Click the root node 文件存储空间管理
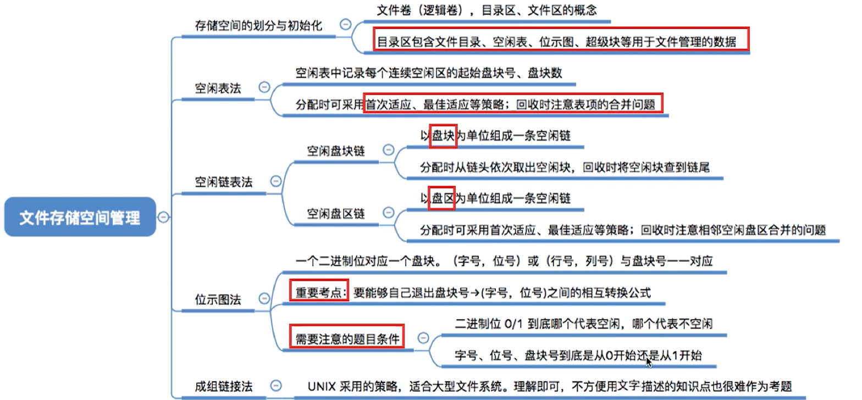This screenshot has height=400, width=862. coord(80,218)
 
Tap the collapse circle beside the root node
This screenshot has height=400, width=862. coord(163,218)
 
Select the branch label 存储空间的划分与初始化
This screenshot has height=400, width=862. coord(259,25)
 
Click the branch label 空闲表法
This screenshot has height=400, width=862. coord(218,88)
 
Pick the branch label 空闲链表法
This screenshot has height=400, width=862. coord(224,182)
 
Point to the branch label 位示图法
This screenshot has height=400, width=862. coord(218,299)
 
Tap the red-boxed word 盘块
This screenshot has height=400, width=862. coord(443,137)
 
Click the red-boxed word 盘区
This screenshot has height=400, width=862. coord(443,199)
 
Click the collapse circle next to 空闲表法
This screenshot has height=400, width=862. coord(264,87)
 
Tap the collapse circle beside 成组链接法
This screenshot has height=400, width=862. coord(277,386)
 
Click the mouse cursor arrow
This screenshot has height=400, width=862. coord(649,362)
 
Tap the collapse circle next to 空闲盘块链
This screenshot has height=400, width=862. coord(388,150)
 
